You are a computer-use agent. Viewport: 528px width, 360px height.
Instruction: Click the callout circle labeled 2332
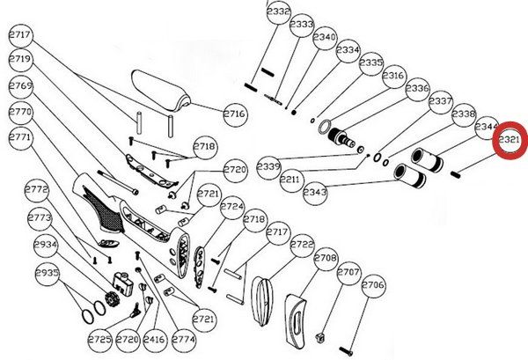(278, 12)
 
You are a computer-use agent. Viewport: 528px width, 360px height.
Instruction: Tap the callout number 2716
(233, 114)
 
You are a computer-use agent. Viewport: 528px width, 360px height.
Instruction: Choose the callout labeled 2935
(47, 274)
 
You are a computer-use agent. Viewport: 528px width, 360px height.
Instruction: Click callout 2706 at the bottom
(374, 285)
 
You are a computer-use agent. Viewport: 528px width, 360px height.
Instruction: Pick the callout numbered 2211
(291, 180)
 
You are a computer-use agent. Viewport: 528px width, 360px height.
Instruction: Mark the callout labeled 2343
(314, 191)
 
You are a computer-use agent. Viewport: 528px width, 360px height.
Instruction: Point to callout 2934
(45, 245)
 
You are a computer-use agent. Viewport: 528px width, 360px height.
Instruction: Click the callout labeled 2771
(21, 138)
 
